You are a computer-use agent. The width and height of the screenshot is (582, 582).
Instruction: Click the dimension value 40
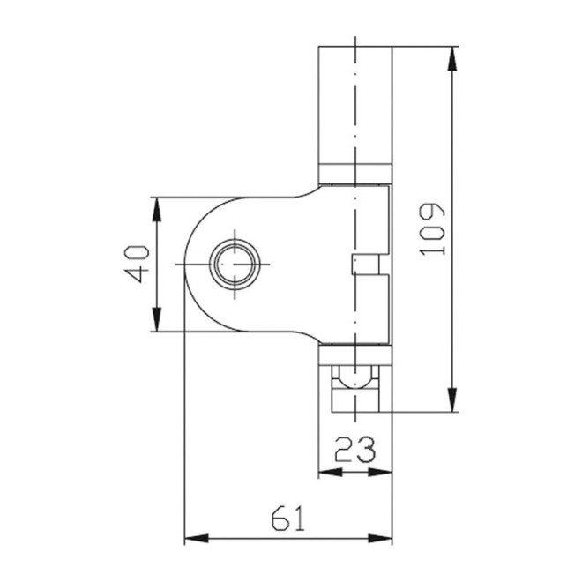[136, 264]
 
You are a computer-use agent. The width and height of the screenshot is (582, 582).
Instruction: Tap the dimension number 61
[288, 517]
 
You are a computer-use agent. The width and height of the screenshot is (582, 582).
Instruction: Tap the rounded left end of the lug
[190, 264]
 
